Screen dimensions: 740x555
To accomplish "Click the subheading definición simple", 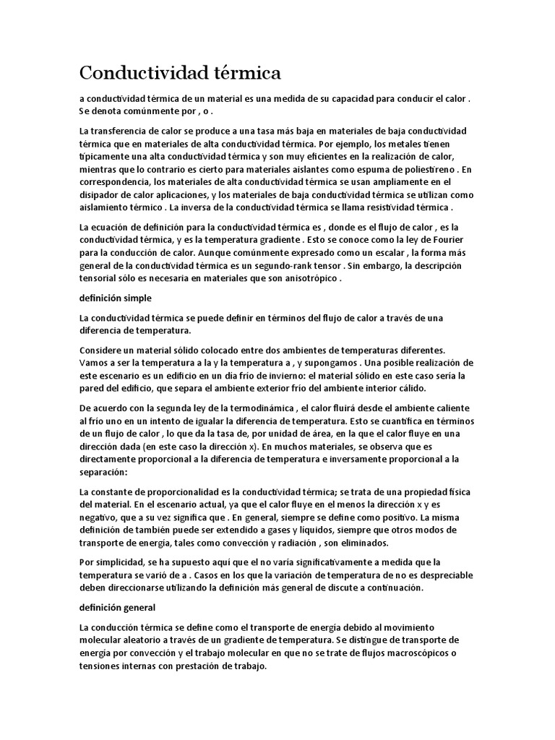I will tap(114, 298).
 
